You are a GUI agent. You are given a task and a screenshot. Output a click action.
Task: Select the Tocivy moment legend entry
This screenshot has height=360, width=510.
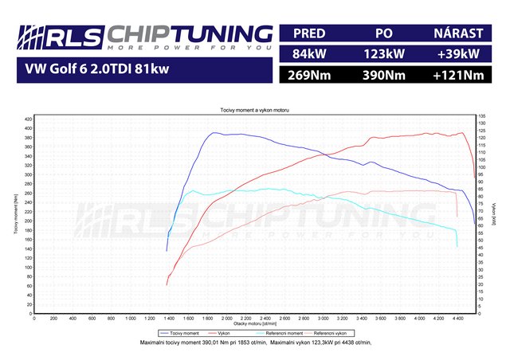(182, 332)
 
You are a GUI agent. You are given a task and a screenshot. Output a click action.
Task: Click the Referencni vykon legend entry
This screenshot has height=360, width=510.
(329, 332)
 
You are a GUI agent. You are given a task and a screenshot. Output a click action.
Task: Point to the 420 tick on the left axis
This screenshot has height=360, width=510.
(29, 119)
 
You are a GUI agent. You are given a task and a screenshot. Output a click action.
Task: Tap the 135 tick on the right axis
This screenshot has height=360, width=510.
(481, 118)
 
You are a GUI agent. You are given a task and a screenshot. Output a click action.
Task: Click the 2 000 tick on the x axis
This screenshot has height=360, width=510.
(226, 318)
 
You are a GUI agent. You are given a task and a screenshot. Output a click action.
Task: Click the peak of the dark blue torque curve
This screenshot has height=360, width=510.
(213, 132)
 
